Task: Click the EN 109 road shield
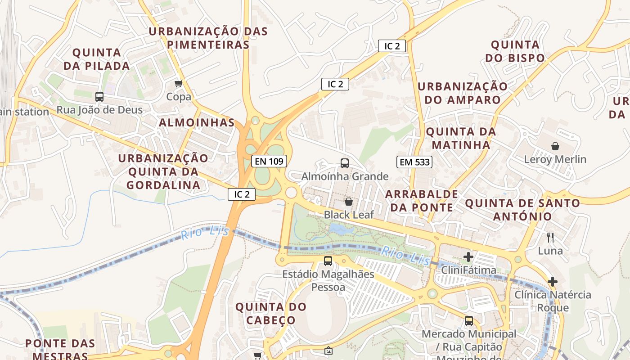coord(269,161)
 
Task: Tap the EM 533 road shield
coord(414,162)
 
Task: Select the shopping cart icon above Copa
coord(179,83)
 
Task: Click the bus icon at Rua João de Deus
coord(99,96)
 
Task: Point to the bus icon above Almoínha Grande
coord(345,163)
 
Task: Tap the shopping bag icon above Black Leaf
coord(349,201)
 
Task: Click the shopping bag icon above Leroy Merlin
coord(555,146)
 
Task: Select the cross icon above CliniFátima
coord(468,257)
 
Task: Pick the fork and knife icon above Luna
coord(550,237)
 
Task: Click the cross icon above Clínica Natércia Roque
coord(553,282)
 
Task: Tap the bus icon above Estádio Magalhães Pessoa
coord(328,261)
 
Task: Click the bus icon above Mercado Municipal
coord(469,321)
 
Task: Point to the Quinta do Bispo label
coord(515,51)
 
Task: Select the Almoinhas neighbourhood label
coord(197,123)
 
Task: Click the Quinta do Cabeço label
coord(271,314)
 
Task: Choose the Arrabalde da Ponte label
coord(422,201)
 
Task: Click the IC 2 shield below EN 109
coord(242,194)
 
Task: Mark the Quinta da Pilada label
coord(96,59)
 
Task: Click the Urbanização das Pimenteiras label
coord(208,38)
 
